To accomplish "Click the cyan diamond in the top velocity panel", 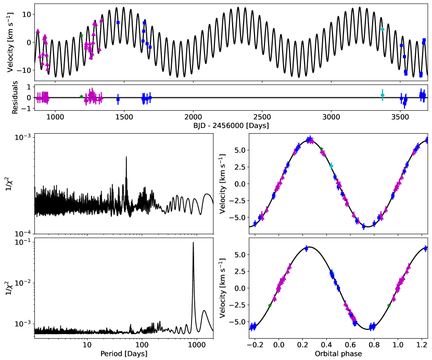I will (383, 29).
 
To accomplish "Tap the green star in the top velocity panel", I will (81, 35).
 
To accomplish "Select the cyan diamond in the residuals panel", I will (383, 95).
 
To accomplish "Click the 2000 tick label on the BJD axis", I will (193, 117).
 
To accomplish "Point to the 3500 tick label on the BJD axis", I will (400, 117).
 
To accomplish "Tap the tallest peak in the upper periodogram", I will (126, 157).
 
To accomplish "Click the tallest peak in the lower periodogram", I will (194, 243).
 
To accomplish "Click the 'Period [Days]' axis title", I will (124, 354).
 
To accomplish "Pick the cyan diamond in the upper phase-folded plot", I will (331, 165).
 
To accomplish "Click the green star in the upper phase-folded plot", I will (321, 149).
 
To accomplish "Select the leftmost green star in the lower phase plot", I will (270, 305).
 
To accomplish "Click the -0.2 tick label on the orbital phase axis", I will (253, 344).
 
